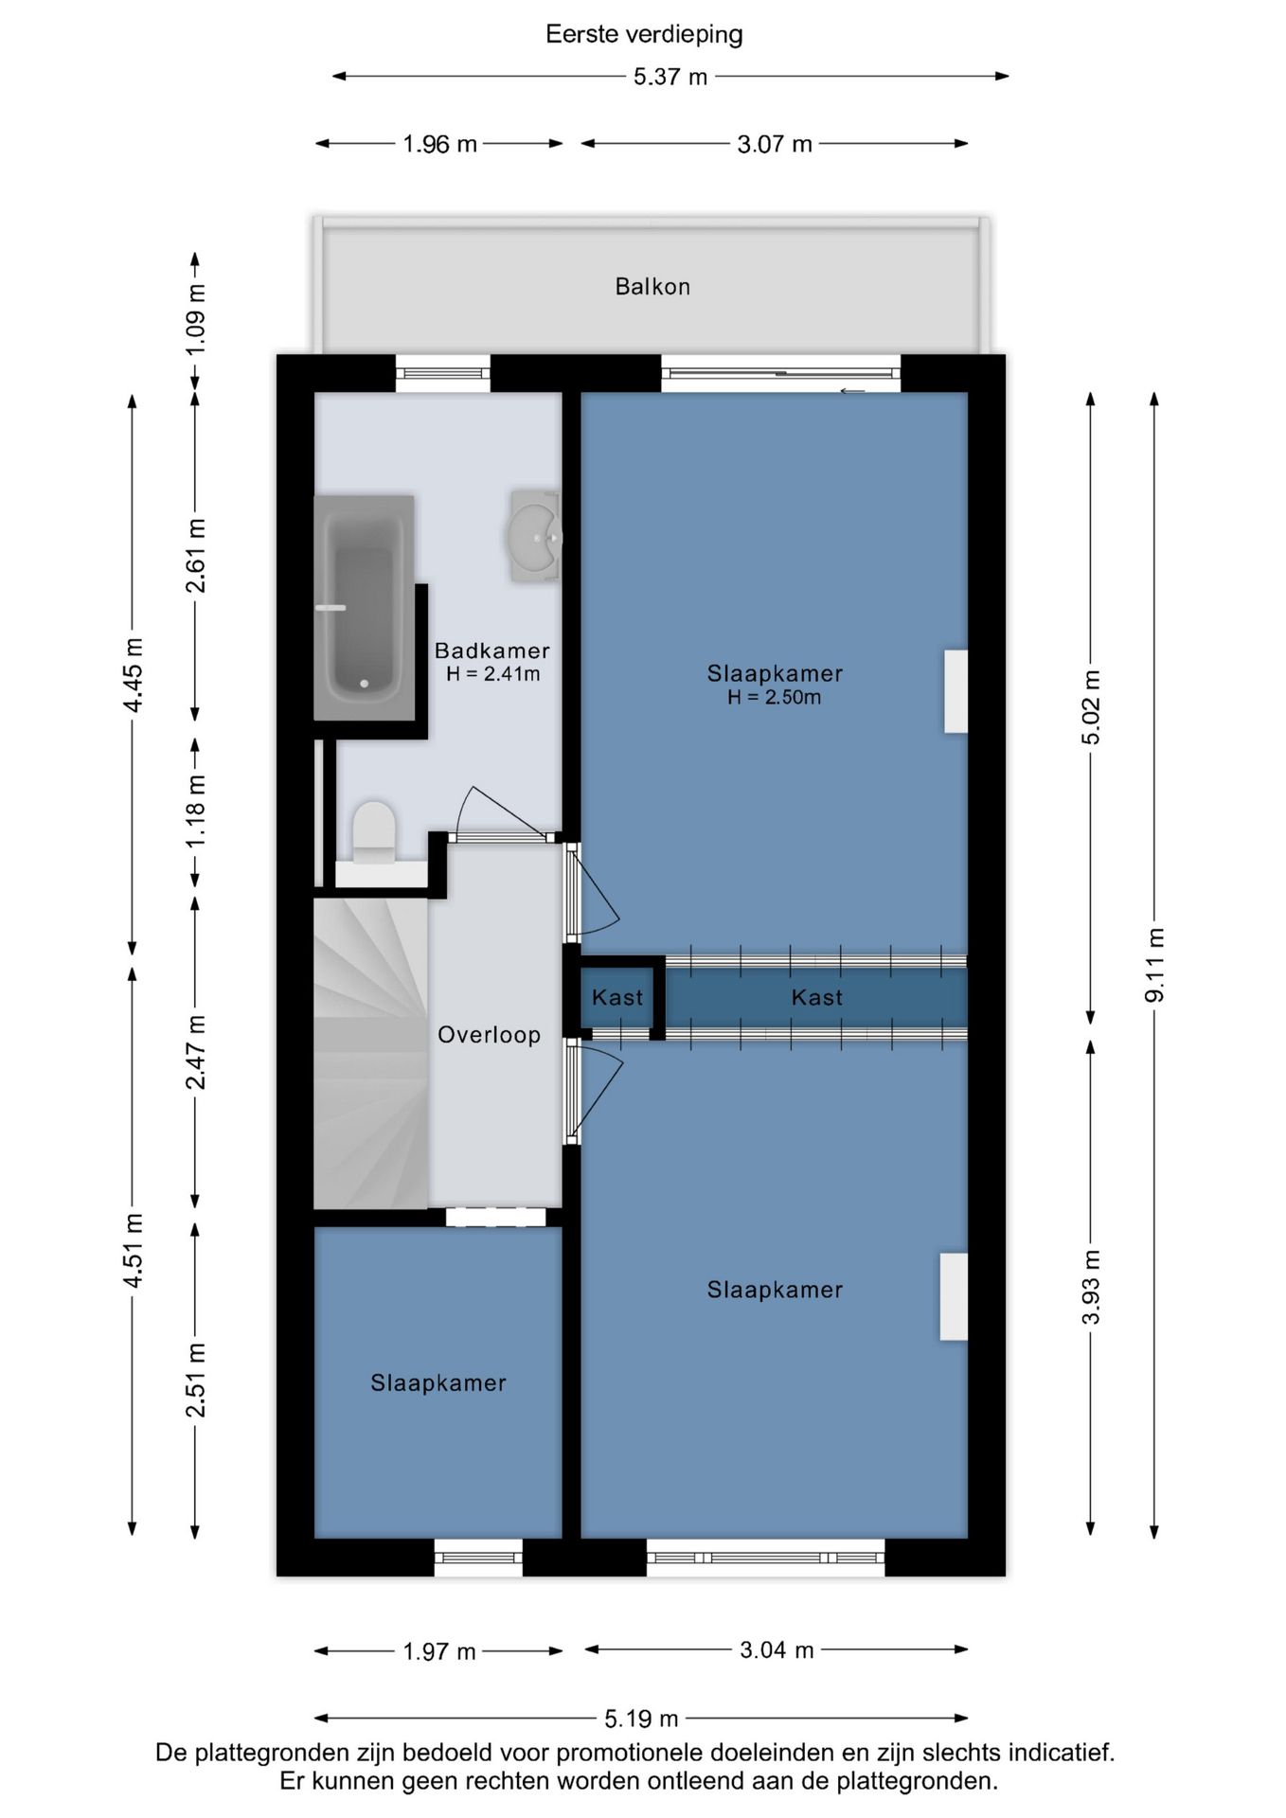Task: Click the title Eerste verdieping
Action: (x=644, y=34)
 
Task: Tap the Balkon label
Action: (x=652, y=286)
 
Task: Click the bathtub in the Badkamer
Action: (x=364, y=608)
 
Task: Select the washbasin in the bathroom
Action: (x=535, y=536)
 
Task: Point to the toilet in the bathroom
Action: (x=373, y=833)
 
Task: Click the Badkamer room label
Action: (x=491, y=651)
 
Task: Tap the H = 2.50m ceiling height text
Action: (x=774, y=698)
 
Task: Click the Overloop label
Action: (x=489, y=1035)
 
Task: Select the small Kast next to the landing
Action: (x=616, y=997)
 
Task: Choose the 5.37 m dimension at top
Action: (x=670, y=77)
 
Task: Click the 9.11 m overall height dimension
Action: (x=1154, y=964)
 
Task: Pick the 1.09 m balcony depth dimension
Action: (x=195, y=320)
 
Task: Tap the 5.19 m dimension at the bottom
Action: (x=641, y=1718)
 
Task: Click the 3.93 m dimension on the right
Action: (x=1091, y=1286)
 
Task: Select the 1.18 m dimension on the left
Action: (x=195, y=811)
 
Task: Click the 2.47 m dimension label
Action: (x=195, y=1051)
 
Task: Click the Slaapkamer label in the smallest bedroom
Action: (x=438, y=1382)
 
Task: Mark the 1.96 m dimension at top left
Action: (x=439, y=144)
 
